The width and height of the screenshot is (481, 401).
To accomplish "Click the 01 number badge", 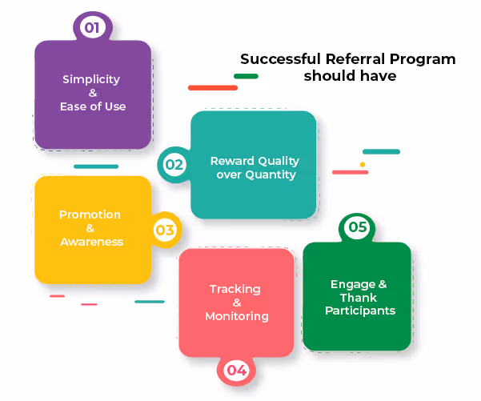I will click(x=92, y=28).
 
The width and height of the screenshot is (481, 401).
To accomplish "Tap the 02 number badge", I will click(x=174, y=166).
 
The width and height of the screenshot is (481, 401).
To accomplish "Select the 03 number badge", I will click(x=164, y=231).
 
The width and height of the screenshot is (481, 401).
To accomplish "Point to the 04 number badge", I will click(x=236, y=370).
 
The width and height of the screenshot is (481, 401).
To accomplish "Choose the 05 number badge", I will click(x=357, y=227).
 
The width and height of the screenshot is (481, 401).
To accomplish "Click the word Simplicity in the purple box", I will click(x=91, y=79).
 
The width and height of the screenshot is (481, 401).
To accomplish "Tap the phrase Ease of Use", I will click(x=92, y=106).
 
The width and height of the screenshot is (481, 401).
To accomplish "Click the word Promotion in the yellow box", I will click(x=90, y=215).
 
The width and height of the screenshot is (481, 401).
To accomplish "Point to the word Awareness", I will click(x=91, y=242).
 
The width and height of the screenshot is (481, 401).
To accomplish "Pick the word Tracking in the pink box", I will click(x=235, y=289).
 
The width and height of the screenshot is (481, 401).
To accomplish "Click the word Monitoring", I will click(x=236, y=316).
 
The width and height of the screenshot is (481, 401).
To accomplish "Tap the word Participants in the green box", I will click(x=359, y=311).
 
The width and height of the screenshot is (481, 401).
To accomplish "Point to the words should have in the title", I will click(x=349, y=76).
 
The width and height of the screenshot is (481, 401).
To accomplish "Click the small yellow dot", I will click(x=362, y=164).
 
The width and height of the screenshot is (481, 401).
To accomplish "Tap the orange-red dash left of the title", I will click(x=212, y=87).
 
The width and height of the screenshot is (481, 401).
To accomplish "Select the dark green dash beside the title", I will click(x=246, y=76).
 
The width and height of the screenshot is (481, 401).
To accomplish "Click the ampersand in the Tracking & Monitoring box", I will click(x=236, y=303).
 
